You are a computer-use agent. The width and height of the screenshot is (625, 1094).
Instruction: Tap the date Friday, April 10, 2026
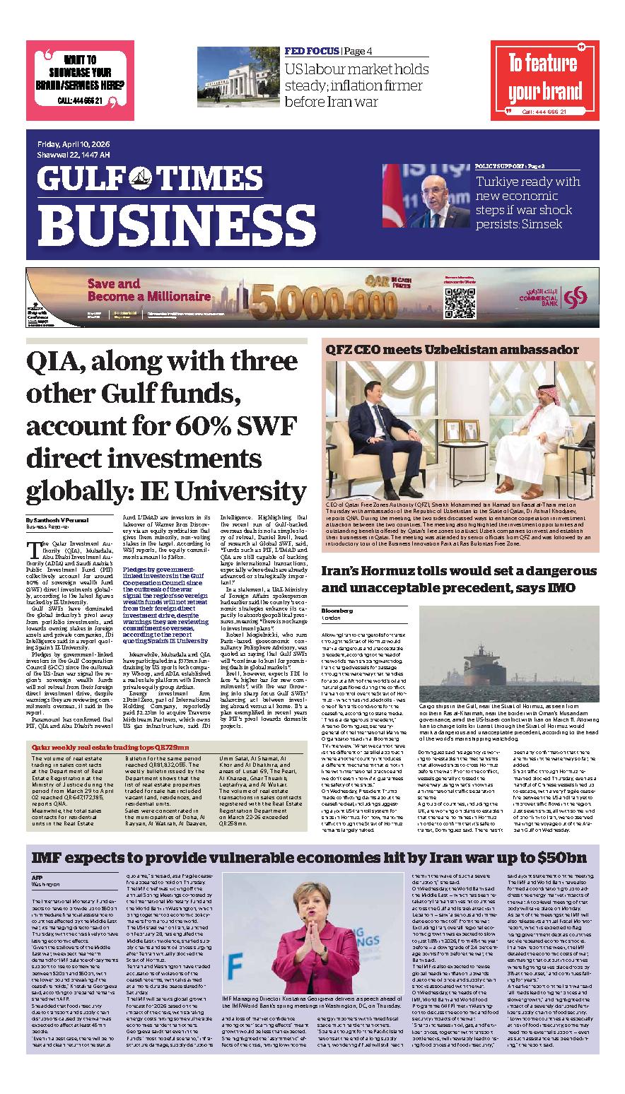pyautogui.click(x=78, y=145)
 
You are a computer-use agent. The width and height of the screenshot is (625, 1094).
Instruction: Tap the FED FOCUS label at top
pyautogui.click(x=311, y=51)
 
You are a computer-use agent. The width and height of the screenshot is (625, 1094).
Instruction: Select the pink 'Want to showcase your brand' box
pyautogui.click(x=79, y=80)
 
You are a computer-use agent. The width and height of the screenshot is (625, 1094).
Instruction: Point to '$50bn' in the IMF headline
pyautogui.click(x=558, y=858)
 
